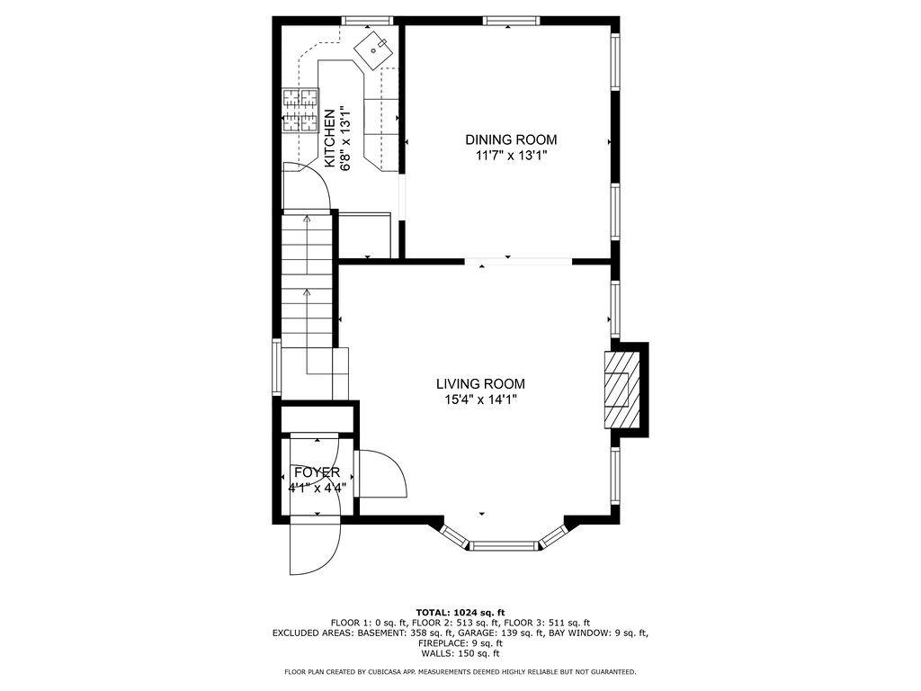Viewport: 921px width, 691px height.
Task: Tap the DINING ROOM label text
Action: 511,139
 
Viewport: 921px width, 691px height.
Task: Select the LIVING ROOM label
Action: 480,384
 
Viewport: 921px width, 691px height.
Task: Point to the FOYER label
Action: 317,472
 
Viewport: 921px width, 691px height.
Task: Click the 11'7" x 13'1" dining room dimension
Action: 511,156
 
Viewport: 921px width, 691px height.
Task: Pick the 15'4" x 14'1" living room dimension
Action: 480,400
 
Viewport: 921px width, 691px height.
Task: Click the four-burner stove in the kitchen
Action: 300,111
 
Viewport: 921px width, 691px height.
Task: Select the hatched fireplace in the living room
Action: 621,390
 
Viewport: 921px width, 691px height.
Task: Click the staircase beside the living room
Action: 308,306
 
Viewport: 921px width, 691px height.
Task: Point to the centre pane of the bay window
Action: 505,546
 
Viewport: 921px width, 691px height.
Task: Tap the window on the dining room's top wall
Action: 511,21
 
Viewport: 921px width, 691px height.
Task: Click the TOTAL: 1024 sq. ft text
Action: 460,612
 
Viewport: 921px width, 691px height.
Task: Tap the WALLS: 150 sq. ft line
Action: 460,653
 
